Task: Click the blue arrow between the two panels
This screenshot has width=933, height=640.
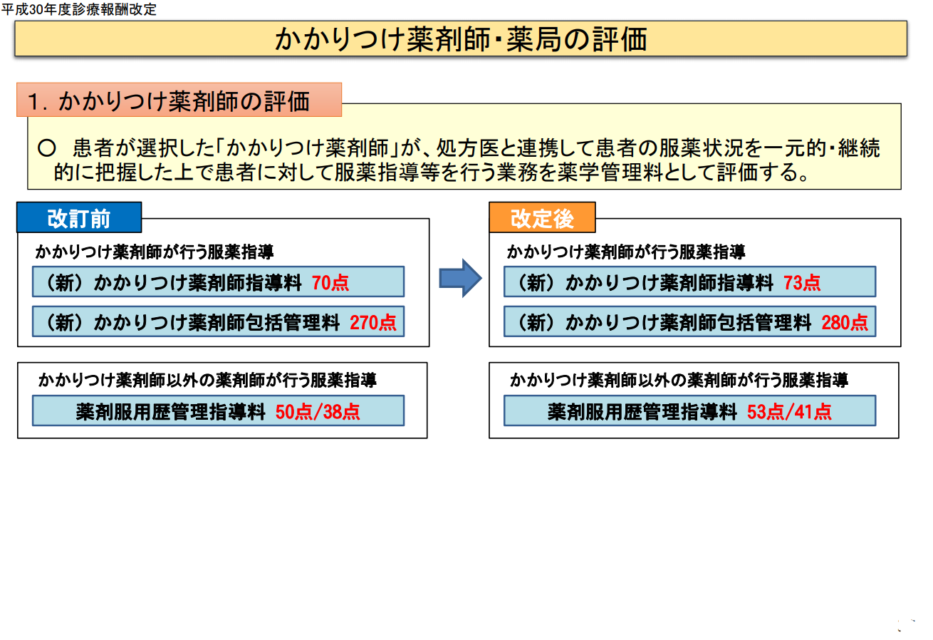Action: click(x=460, y=278)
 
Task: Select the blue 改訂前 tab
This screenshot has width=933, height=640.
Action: click(x=79, y=218)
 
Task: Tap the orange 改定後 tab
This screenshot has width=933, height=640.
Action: click(x=542, y=218)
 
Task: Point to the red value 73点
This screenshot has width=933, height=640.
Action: click(x=802, y=283)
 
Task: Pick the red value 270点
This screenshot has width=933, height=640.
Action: click(x=373, y=323)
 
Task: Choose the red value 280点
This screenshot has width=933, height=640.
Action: click(x=845, y=323)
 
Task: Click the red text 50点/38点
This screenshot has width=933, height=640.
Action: click(x=318, y=412)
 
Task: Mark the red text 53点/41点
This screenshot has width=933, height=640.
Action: click(x=789, y=412)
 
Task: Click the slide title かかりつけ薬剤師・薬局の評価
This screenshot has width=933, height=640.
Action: click(x=461, y=39)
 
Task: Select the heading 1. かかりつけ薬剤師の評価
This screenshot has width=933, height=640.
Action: click(x=169, y=101)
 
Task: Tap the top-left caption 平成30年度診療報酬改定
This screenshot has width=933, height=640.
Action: click(x=79, y=9)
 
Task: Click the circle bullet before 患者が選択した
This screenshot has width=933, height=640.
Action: click(x=46, y=148)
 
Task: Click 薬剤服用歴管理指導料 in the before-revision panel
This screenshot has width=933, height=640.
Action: click(x=171, y=412)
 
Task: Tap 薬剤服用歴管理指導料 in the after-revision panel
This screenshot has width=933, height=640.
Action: click(x=642, y=412)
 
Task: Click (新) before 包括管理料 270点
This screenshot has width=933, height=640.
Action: click(x=66, y=323)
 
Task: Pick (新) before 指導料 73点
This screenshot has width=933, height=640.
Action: click(x=537, y=283)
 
